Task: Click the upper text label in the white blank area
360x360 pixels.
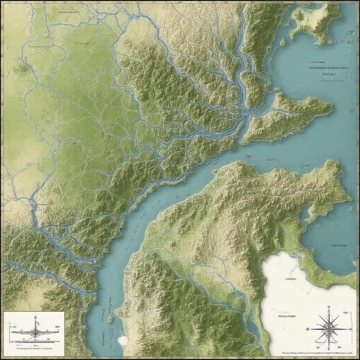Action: (290, 279)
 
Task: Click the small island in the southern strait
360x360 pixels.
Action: (110, 319)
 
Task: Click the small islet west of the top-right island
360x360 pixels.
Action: (283, 43)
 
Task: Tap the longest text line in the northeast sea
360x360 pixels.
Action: (328, 67)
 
